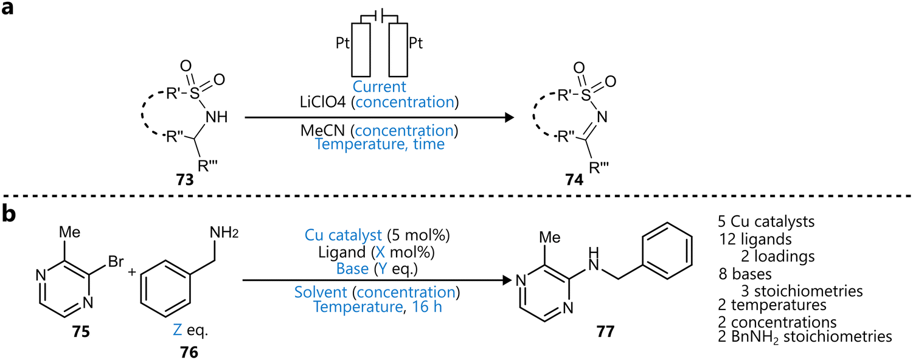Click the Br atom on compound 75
(116, 263)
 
